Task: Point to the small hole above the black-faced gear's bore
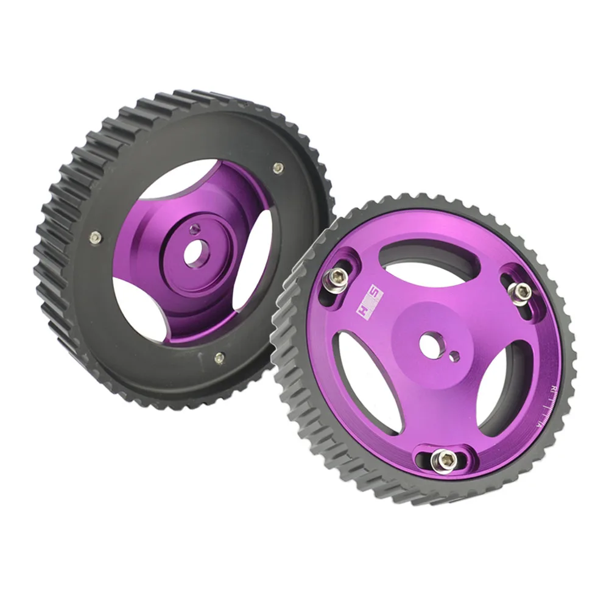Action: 194,228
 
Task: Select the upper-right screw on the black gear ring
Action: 278,167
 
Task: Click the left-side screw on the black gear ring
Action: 94,238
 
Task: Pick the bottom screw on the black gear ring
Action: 219,359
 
